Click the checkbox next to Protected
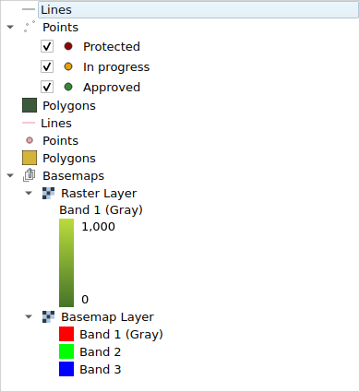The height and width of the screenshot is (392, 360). [x=47, y=46]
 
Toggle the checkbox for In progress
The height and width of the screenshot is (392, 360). [x=47, y=66]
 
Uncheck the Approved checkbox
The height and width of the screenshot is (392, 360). [x=47, y=87]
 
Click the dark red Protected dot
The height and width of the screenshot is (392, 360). [x=68, y=46]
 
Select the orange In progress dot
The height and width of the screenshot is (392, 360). [x=68, y=66]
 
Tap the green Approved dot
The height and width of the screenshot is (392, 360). [x=68, y=87]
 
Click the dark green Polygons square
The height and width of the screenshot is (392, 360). [x=30, y=106]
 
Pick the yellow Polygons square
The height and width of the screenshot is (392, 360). [x=30, y=159]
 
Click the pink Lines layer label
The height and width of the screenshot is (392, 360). [x=56, y=123]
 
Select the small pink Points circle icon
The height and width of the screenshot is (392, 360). [x=30, y=141]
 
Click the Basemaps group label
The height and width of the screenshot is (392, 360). [x=73, y=175]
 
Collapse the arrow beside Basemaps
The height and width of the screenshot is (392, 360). [x=10, y=175]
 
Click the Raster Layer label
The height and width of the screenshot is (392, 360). [x=98, y=194]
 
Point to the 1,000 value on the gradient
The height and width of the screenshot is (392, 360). [x=97, y=227]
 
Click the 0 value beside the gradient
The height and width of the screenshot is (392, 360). [x=85, y=299]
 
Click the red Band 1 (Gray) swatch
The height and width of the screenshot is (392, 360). [x=66, y=334]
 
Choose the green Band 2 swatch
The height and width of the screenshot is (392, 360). [x=66, y=351]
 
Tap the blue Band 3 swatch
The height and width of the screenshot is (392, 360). [x=66, y=369]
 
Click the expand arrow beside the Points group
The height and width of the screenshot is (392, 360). [x=10, y=27]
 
